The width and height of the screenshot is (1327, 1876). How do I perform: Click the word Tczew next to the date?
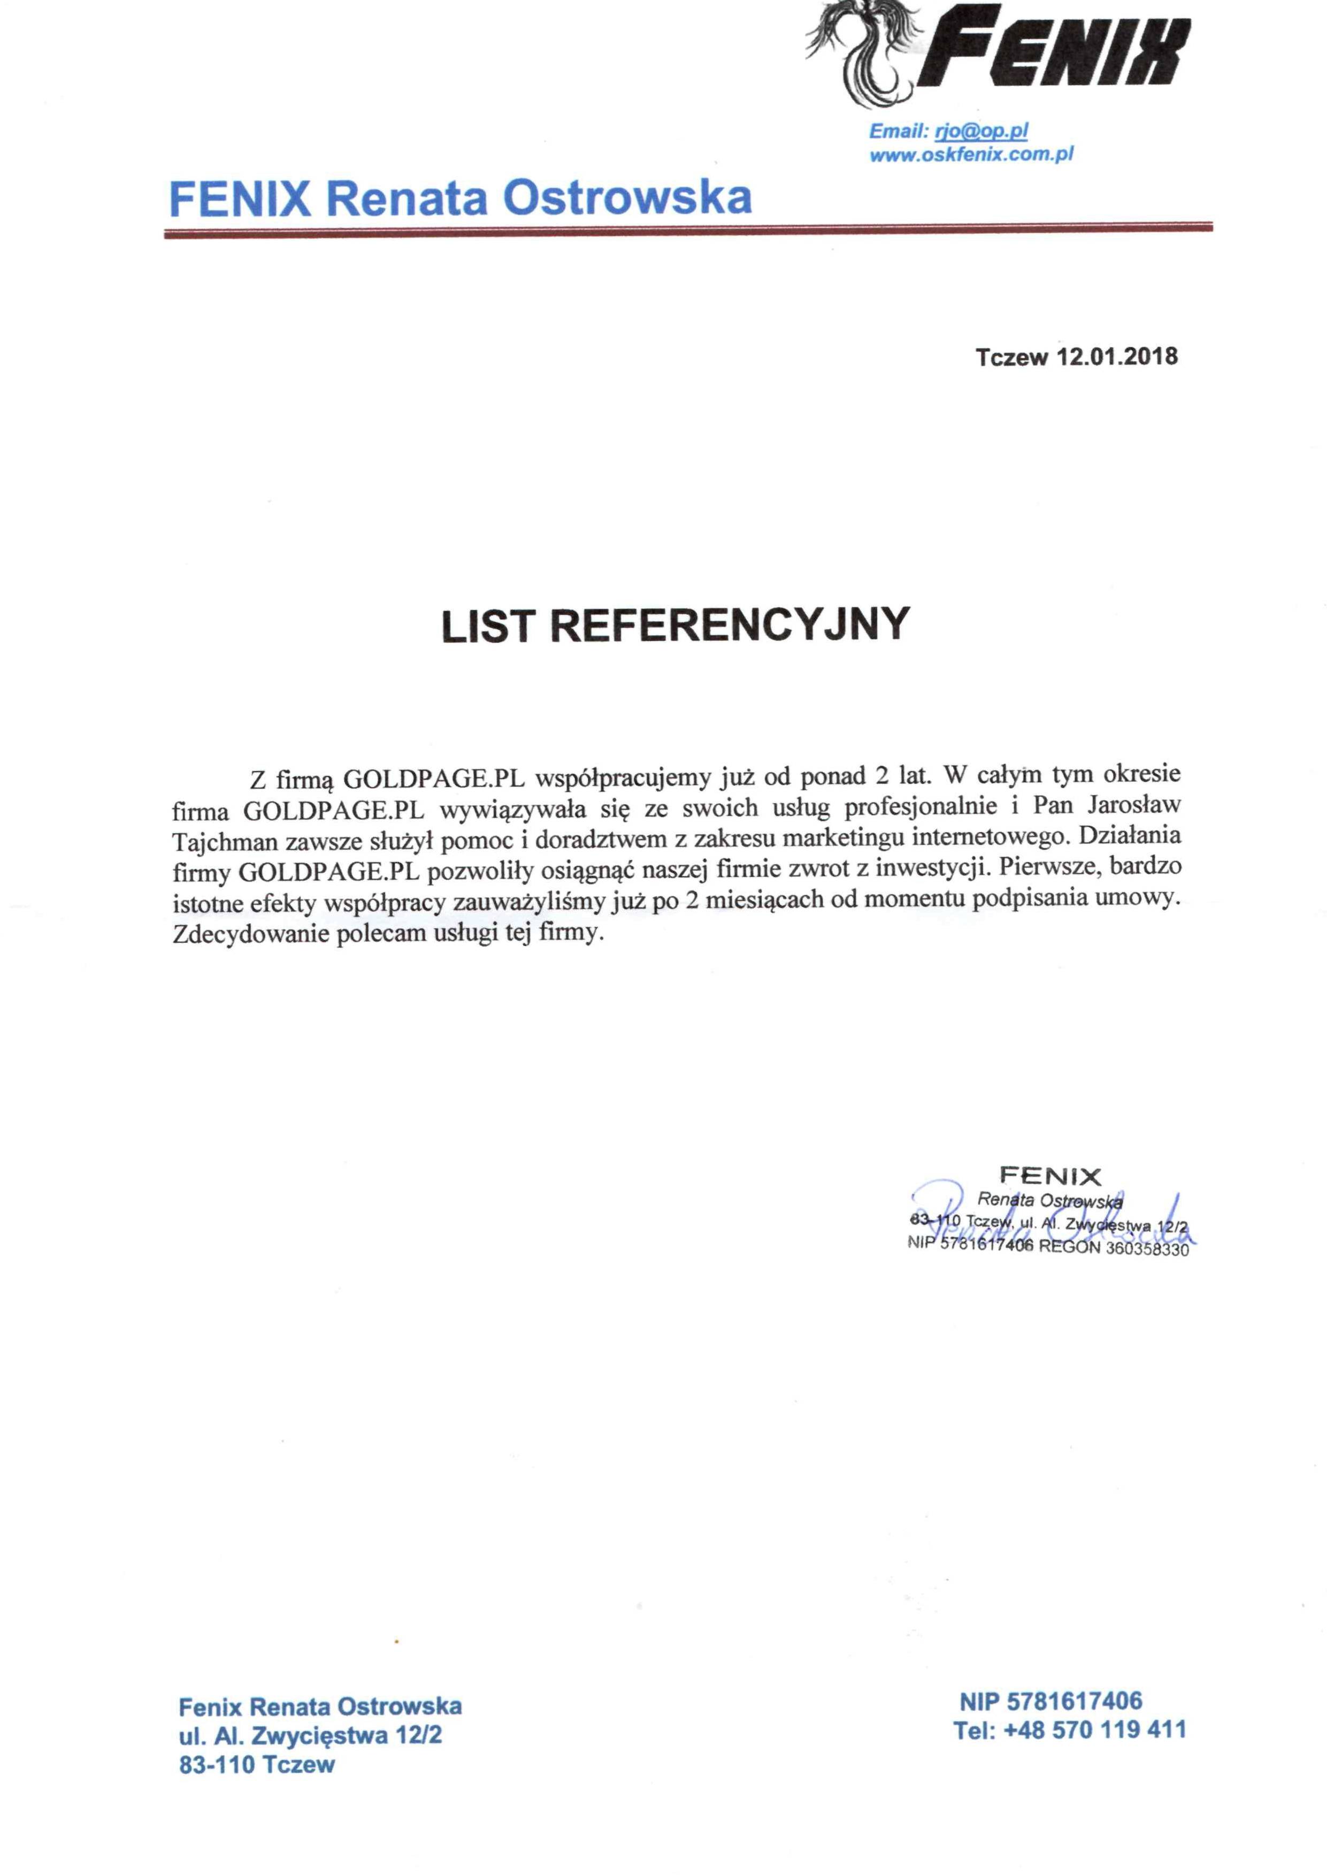point(1011,357)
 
